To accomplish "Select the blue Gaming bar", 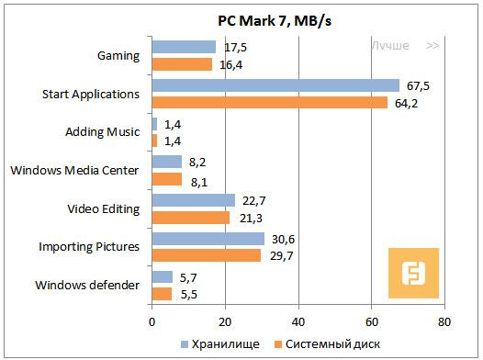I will point(184,47).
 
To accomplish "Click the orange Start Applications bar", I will point(269,102).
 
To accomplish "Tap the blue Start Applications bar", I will point(275,85).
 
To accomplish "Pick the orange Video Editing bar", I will point(190,217).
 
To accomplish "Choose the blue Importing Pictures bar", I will point(208,239).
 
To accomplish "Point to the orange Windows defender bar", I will point(162,294).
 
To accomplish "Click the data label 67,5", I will point(417,84).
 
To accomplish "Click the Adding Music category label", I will point(103,132).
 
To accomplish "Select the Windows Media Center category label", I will point(74,170).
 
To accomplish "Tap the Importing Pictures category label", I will point(89,247).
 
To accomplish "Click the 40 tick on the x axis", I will point(298,323).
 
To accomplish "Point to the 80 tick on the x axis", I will point(444,323).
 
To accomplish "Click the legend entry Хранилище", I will point(229,343).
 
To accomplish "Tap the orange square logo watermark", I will point(413,272).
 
